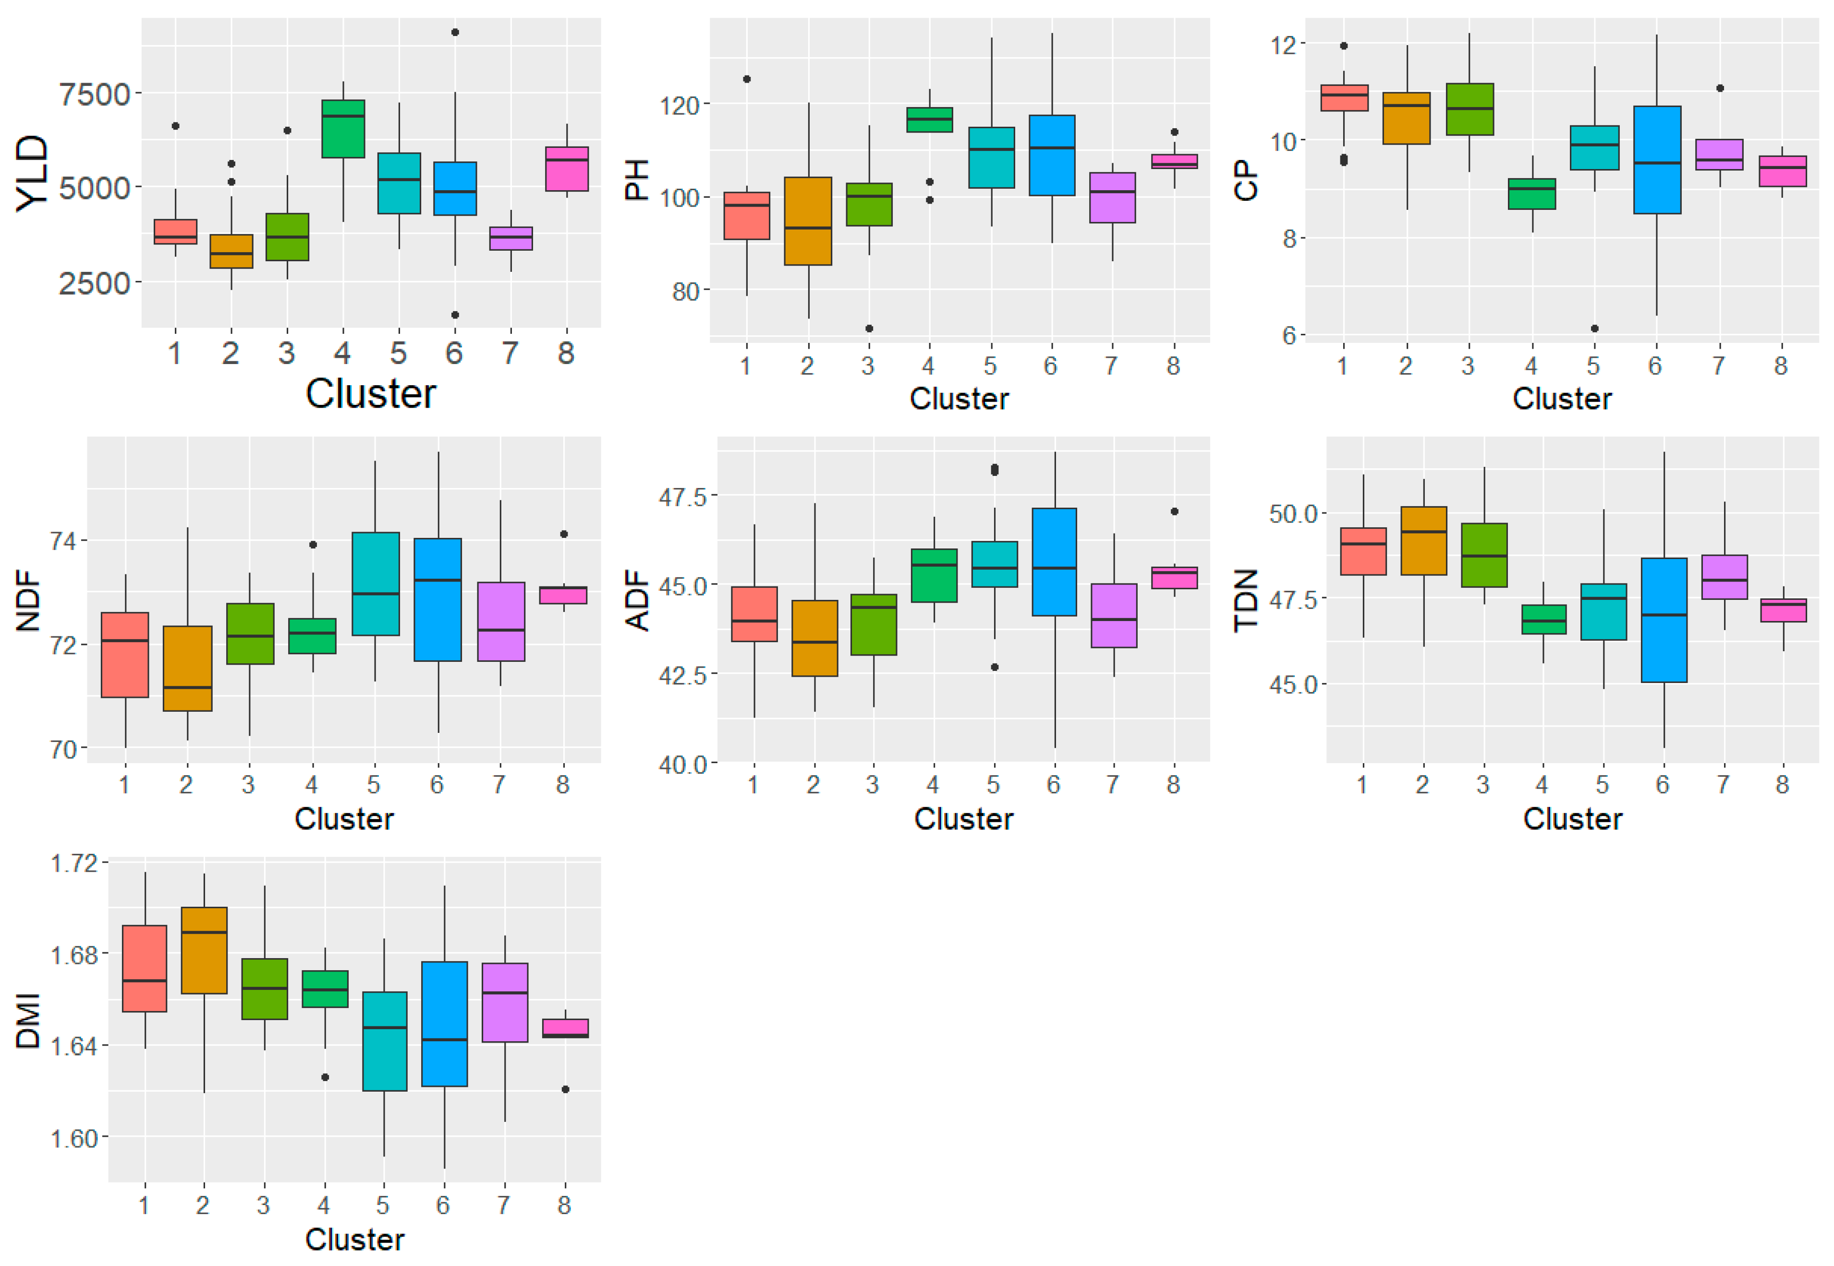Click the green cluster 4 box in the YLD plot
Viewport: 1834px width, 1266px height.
coord(343,129)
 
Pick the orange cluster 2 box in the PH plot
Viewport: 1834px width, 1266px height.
coord(808,220)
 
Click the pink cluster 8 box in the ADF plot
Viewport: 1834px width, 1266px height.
coord(1174,577)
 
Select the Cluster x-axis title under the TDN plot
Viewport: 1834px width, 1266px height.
coord(1572,818)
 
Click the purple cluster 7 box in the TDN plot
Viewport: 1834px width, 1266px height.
coord(1724,577)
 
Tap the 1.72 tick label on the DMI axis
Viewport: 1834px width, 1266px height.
coord(74,863)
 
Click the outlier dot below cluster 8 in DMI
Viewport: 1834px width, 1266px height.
coord(565,1089)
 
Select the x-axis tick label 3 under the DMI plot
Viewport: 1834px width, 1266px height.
coord(263,1205)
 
